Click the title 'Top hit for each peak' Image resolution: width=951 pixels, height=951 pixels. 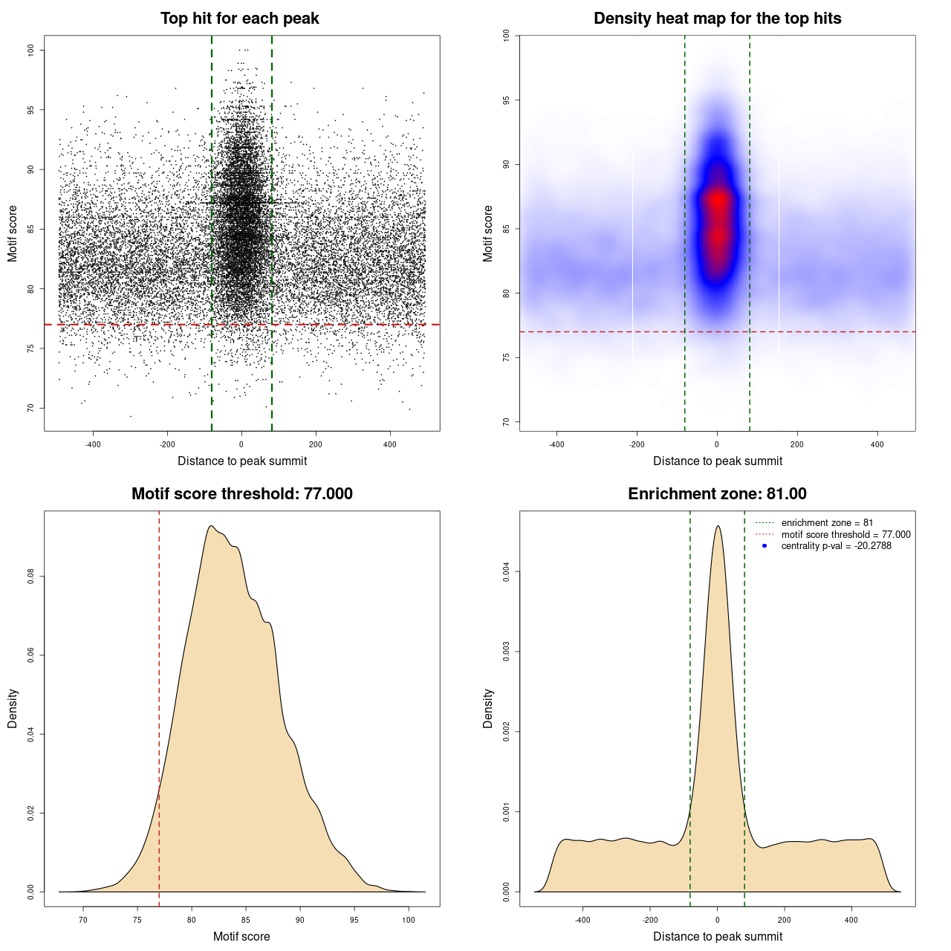(x=239, y=19)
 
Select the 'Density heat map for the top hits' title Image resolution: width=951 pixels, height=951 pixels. (x=717, y=19)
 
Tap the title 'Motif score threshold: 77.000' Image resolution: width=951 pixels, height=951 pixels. (x=241, y=494)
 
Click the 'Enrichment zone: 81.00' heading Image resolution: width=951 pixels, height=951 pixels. (x=717, y=494)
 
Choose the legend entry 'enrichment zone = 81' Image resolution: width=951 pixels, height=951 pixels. (x=827, y=523)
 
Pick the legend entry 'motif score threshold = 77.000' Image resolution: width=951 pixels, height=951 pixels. (x=845, y=534)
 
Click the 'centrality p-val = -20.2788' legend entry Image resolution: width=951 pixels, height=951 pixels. (x=836, y=546)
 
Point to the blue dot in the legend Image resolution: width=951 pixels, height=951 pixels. (x=765, y=546)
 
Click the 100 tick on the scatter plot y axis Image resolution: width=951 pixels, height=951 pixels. (x=30, y=50)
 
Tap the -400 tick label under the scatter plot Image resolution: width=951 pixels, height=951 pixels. (x=93, y=445)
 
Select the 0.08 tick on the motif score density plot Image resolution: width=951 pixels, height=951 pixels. (x=30, y=577)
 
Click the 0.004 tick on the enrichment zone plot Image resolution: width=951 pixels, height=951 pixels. (x=506, y=572)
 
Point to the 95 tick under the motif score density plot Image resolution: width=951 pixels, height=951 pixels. (x=354, y=920)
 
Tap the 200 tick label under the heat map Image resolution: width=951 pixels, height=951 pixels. (x=797, y=445)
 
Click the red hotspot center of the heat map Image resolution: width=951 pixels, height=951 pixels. (x=718, y=201)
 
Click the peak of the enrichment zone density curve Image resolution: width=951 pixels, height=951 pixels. (x=718, y=527)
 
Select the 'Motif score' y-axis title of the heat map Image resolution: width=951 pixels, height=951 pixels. (x=488, y=233)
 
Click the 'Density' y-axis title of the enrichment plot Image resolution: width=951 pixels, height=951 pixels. (x=488, y=708)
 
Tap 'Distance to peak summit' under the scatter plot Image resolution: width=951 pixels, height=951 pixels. (x=242, y=461)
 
